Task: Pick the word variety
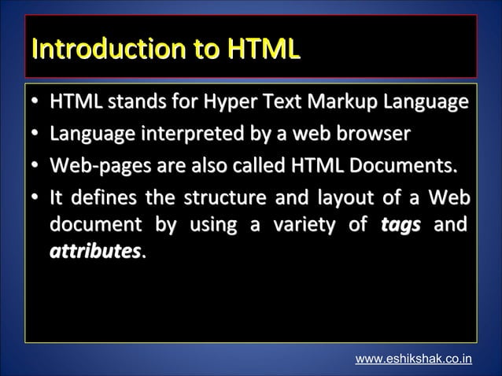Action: point(307,227)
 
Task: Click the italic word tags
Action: point(400,227)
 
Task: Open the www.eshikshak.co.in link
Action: point(414,359)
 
